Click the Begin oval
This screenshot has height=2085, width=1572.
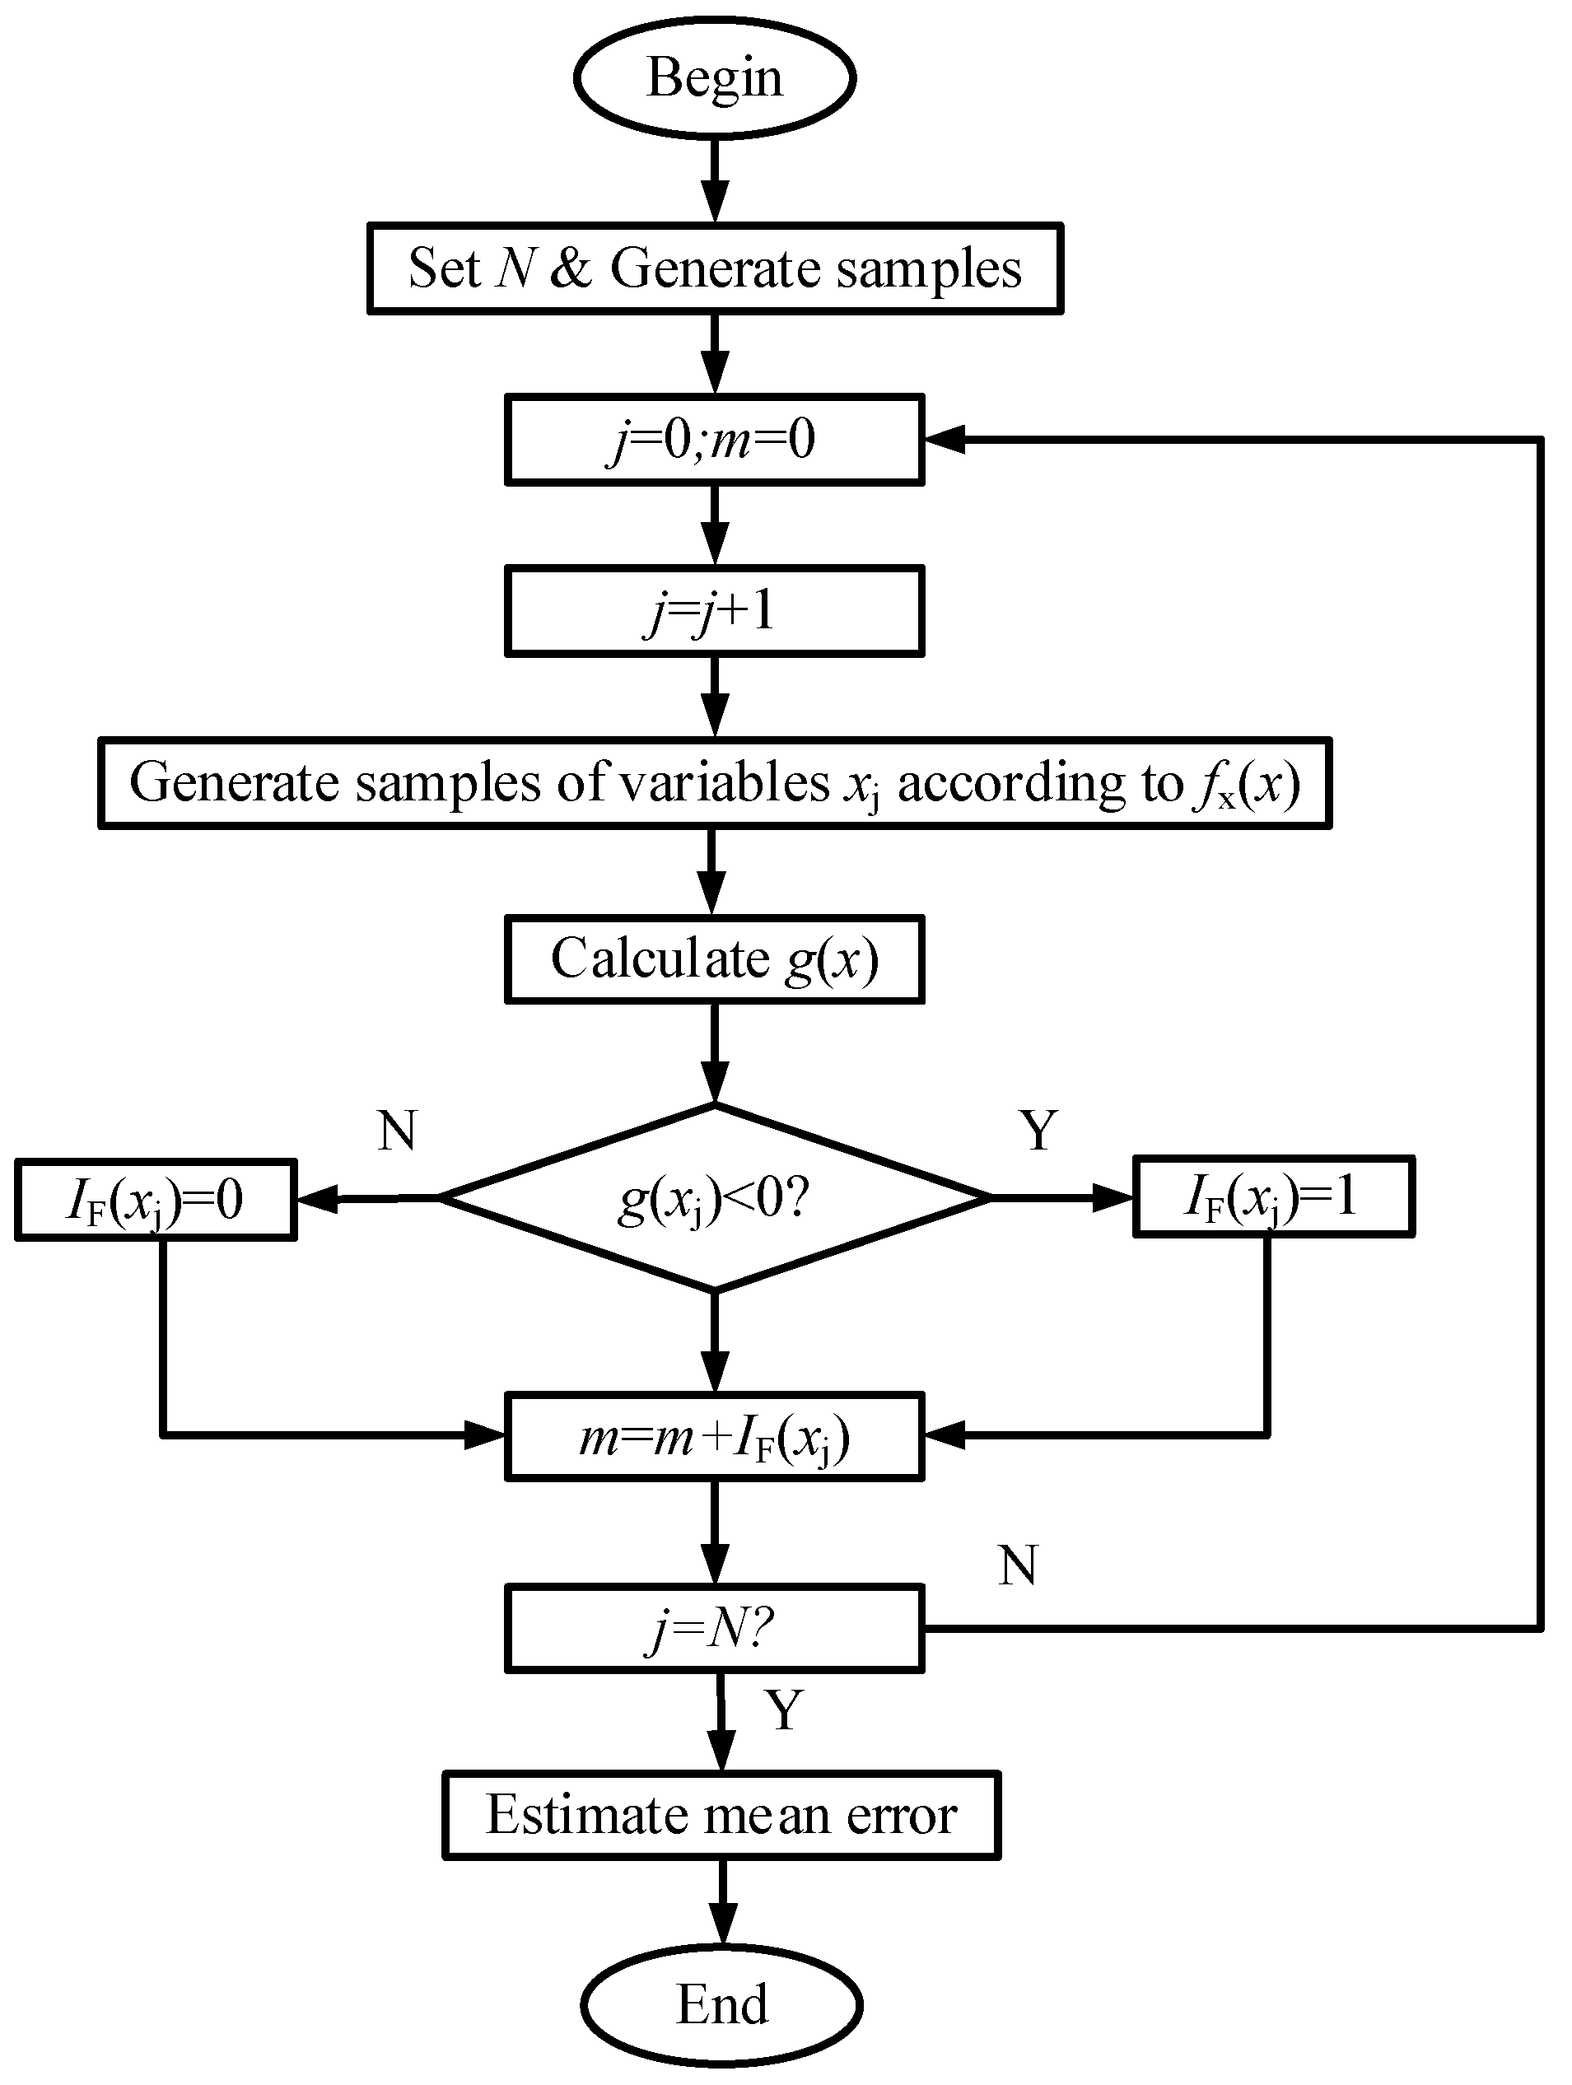click(x=715, y=78)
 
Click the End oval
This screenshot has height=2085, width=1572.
click(x=721, y=2004)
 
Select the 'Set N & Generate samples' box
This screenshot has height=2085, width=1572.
click(x=715, y=268)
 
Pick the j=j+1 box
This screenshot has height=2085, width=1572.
click(x=715, y=611)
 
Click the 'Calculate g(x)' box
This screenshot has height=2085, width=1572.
click(x=715, y=959)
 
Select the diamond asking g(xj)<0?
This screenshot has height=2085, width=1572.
click(x=715, y=1198)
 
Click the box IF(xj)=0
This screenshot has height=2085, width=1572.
click(x=156, y=1200)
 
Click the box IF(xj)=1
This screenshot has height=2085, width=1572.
click(x=1272, y=1197)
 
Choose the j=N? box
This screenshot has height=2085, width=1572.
click(x=715, y=1629)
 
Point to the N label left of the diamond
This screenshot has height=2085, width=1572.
click(x=397, y=1129)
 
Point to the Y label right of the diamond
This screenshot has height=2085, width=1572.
click(x=1038, y=1129)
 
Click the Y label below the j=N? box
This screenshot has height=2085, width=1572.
click(x=784, y=1709)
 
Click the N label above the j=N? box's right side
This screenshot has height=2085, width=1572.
click(x=1018, y=1565)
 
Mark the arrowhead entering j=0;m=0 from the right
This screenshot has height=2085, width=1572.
click(x=945, y=439)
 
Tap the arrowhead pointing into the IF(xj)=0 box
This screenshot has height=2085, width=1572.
click(x=317, y=1199)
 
